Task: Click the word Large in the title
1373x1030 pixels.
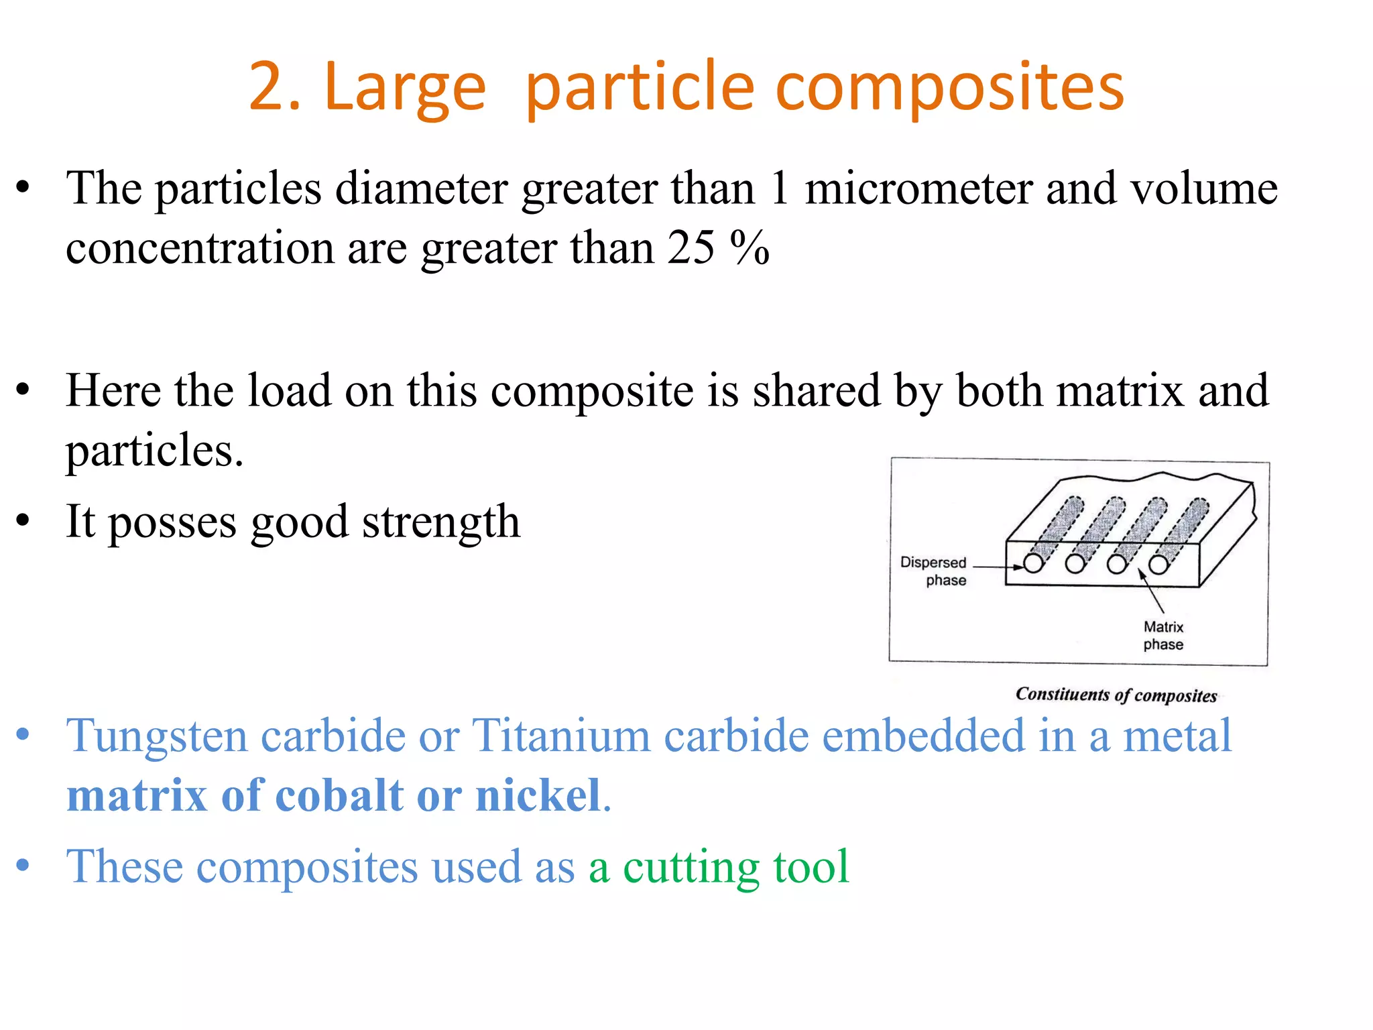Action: click(x=405, y=87)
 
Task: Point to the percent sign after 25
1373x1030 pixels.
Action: click(x=750, y=248)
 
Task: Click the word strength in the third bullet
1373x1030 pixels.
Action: click(x=441, y=522)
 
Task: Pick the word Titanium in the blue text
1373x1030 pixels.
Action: click(x=561, y=736)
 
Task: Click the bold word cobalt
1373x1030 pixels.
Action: click(x=339, y=796)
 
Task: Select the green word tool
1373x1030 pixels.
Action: click(x=811, y=867)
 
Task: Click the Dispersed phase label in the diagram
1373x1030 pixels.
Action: click(x=933, y=571)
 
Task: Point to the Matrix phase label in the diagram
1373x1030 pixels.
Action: click(x=1163, y=636)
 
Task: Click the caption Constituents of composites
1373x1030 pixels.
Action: click(x=1116, y=695)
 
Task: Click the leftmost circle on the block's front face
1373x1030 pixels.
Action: click(x=1033, y=563)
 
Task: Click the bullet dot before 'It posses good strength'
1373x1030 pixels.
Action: click(x=23, y=521)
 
